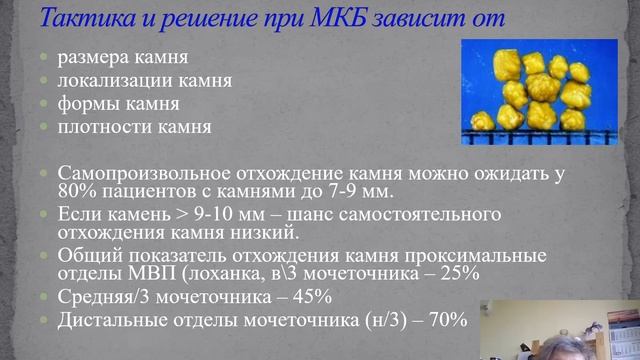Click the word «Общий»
pyautogui.click(x=93, y=256)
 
